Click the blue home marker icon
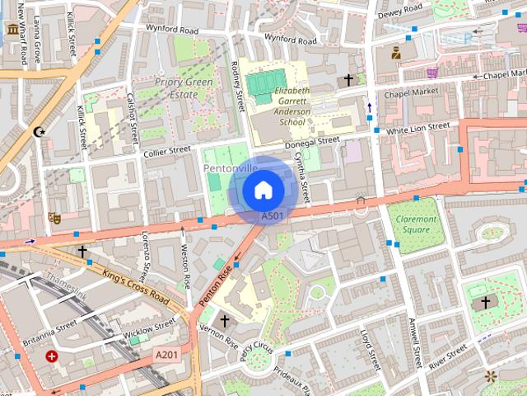pyautogui.click(x=262, y=191)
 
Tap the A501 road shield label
pyautogui.click(x=273, y=216)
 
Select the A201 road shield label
pyautogui.click(x=166, y=354)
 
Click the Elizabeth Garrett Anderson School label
pyautogui.click(x=291, y=105)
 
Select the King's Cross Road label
pyautogui.click(x=137, y=285)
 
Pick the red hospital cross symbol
pyautogui.click(x=54, y=356)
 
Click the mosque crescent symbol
pyautogui.click(x=38, y=131)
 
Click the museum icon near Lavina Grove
pyautogui.click(x=13, y=30)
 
